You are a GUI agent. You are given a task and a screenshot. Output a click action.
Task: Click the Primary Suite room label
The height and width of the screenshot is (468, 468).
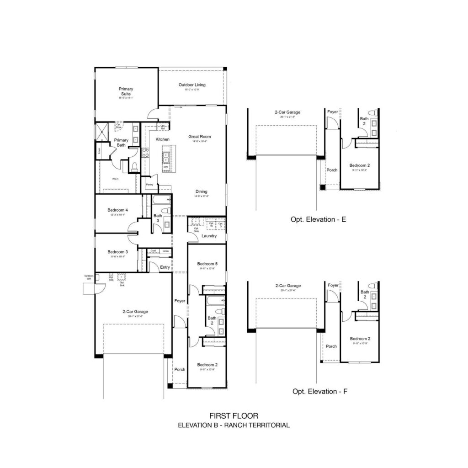point(126,91)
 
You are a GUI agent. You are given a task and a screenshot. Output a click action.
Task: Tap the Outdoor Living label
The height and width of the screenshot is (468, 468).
point(192,85)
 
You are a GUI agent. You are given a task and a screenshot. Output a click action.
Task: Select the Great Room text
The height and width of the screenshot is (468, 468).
point(200,137)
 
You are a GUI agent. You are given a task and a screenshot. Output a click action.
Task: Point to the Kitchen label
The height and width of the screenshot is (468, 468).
point(163,139)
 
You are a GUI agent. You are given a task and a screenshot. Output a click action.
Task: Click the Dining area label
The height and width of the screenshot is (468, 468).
point(202,191)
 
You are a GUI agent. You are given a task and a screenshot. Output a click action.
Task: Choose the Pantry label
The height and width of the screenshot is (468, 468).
point(149,185)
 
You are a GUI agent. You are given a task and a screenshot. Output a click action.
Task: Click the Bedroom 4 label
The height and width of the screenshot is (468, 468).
point(117,210)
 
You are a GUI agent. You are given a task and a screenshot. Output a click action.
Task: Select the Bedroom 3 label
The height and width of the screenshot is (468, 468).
point(117,252)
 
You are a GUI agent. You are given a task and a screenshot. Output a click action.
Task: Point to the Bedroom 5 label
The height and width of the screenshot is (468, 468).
point(207,264)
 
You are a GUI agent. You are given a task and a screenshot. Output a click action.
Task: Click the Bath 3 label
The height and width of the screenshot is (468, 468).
point(158,218)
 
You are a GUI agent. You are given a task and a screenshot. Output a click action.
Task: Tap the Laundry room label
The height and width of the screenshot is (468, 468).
point(209,236)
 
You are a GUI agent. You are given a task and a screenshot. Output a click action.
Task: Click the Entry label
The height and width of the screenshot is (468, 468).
point(165,267)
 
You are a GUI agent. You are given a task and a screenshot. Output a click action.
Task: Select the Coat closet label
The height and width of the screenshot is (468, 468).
point(153,251)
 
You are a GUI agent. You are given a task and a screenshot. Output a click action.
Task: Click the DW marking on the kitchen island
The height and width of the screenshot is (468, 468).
point(165,167)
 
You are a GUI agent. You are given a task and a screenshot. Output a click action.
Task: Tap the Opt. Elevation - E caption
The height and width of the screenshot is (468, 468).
point(318,220)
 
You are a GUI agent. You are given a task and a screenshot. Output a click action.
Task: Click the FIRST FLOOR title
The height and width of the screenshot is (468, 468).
point(234,416)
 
